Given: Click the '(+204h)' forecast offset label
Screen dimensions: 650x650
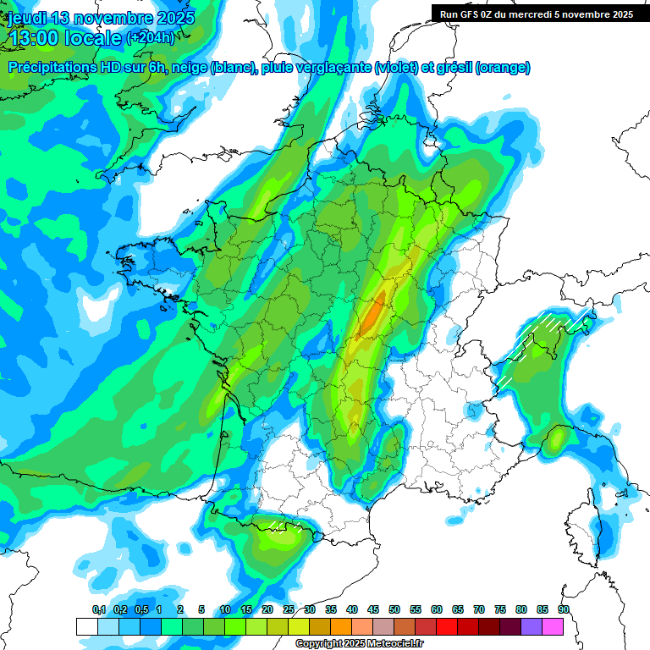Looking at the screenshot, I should point(151,38).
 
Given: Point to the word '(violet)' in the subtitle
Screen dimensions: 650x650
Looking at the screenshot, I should point(397,68).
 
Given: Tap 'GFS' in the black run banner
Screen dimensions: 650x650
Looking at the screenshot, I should point(473,14).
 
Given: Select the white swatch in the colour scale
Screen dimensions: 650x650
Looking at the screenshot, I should point(86,626).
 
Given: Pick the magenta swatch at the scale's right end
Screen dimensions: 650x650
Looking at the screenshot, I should point(553,626).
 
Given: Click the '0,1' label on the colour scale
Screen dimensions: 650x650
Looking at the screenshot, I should point(98,610).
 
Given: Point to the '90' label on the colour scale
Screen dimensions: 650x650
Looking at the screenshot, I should point(564,610).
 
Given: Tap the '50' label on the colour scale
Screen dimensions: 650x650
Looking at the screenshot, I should point(394,610).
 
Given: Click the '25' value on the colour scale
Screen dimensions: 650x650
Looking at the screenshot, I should point(289,610).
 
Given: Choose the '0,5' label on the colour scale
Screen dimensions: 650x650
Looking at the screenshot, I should point(140,610).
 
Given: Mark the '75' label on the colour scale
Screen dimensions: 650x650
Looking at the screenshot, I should point(500,610).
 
